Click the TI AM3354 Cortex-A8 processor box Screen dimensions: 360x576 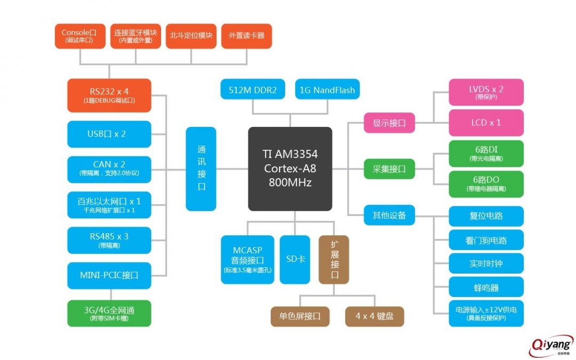290,169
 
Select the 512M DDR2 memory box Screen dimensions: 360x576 253,90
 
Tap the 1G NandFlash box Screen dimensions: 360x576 327,90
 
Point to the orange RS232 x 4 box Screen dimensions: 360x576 109,95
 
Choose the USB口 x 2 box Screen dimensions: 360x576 109,134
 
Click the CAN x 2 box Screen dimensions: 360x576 109,169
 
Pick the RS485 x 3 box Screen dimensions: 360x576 109,240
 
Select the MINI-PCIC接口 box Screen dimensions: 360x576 109,275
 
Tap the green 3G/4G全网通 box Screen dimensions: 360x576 109,313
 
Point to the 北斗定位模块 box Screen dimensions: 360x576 190,36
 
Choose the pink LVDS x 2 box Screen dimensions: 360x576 486,92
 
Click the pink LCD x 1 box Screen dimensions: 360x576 486,123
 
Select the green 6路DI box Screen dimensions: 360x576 486,154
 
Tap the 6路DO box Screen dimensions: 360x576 486,184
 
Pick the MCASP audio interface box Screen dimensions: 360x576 247,259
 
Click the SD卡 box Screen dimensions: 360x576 294,259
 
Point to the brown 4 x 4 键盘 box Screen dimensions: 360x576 374,316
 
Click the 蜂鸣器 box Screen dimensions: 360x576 486,287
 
